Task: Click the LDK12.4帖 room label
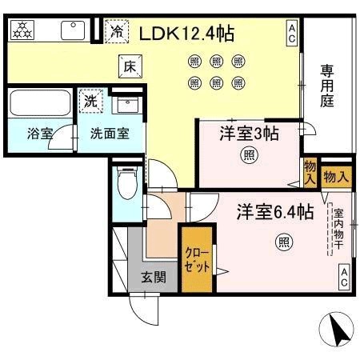(186, 34)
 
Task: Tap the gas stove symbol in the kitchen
(22, 30)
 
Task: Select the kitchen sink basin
(73, 30)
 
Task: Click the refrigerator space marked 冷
(117, 31)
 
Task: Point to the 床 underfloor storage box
(130, 66)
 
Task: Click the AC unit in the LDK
(292, 34)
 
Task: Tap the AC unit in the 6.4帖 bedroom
(344, 278)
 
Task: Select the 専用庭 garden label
(327, 86)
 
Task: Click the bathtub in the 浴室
(40, 102)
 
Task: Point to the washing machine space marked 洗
(90, 101)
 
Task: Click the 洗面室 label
(110, 134)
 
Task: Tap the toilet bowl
(127, 183)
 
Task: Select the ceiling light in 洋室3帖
(250, 154)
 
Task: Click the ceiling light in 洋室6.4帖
(284, 242)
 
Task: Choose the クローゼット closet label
(198, 259)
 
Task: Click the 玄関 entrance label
(154, 278)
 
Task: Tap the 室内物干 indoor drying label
(338, 230)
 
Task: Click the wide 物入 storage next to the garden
(336, 177)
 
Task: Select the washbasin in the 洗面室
(128, 105)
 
